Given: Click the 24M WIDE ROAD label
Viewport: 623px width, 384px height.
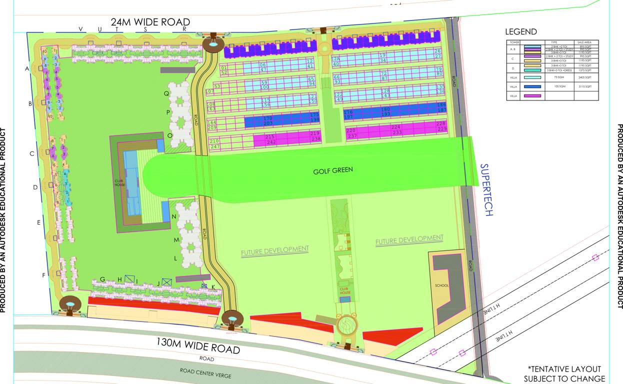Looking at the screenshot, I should coord(150,22).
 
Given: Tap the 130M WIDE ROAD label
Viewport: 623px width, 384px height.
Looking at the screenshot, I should coord(198,346).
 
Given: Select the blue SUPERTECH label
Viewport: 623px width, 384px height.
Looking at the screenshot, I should coord(486,189).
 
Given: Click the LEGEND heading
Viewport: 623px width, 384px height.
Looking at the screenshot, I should coord(521,31).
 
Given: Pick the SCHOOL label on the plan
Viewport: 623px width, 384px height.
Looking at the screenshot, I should coord(441,285).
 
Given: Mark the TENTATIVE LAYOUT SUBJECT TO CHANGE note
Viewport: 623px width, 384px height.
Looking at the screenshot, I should coord(564,373).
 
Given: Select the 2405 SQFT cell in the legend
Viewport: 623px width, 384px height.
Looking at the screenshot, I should coord(585,77).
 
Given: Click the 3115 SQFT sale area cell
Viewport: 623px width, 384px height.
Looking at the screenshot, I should coord(585,86).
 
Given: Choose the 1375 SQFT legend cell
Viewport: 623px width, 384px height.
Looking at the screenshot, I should coord(585,70).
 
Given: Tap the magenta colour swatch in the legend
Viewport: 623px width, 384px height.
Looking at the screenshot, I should coord(532,95).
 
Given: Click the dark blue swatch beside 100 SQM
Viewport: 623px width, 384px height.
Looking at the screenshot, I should coord(532,86).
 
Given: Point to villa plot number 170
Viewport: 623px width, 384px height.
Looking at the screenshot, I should coord(267,118).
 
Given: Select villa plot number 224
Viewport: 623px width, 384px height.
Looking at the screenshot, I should coord(397,127).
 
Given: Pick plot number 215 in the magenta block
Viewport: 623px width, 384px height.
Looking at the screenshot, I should coord(270,137).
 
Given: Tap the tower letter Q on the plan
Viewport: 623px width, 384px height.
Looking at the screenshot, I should coord(166,93).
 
